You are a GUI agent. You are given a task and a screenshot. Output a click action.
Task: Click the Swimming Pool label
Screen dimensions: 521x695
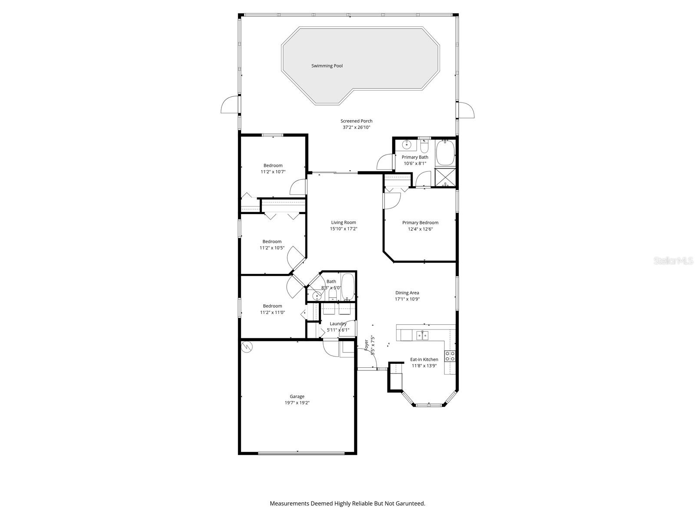pyautogui.click(x=327, y=66)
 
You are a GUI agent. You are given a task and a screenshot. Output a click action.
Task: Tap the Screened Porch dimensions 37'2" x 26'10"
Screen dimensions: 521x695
pyautogui.click(x=356, y=128)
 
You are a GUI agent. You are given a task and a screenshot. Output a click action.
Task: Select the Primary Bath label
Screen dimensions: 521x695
pyautogui.click(x=415, y=157)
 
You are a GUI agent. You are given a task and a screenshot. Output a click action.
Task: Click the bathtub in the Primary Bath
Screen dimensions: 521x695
pyautogui.click(x=445, y=153)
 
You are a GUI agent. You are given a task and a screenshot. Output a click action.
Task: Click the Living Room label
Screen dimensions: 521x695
pyautogui.click(x=343, y=223)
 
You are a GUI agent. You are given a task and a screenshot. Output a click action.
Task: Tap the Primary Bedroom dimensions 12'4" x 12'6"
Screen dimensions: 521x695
pyautogui.click(x=420, y=229)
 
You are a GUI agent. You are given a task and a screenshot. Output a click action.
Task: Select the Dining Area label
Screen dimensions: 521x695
pyautogui.click(x=407, y=293)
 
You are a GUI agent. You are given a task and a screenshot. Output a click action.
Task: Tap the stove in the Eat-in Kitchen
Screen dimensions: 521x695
pyautogui.click(x=450, y=356)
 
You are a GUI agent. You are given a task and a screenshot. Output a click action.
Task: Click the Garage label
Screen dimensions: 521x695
pyautogui.click(x=297, y=396)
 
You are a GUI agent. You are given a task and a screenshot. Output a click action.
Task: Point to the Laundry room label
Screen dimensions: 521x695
pyautogui.click(x=338, y=323)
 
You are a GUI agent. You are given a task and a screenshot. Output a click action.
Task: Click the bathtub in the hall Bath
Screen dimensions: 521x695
pyautogui.click(x=348, y=287)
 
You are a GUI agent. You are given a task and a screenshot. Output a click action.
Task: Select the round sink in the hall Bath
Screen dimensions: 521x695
pyautogui.click(x=317, y=296)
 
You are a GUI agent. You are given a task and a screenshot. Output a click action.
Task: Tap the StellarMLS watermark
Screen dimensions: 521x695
pyautogui.click(x=674, y=261)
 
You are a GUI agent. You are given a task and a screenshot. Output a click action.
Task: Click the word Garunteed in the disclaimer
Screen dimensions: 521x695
pyautogui.click(x=410, y=504)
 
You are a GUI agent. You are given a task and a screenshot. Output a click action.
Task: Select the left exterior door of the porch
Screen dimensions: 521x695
pyautogui.click(x=230, y=105)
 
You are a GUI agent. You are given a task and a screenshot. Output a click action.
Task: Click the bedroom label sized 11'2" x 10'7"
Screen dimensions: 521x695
pyautogui.click(x=273, y=165)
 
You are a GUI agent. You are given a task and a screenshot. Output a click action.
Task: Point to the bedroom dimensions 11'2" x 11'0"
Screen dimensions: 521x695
pyautogui.click(x=272, y=312)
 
